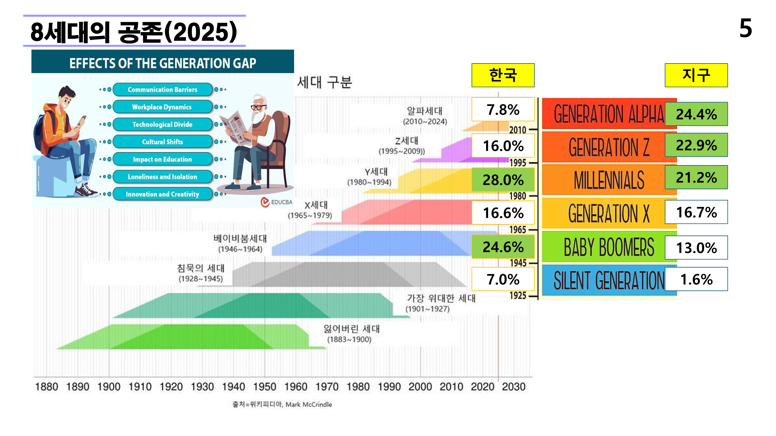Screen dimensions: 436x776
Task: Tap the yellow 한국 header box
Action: tap(503, 75)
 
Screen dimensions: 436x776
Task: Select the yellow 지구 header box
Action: tap(696, 75)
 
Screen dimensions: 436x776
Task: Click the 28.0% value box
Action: tap(503, 180)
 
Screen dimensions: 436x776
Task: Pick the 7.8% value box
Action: tap(503, 109)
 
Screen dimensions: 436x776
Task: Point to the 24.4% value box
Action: tap(696, 114)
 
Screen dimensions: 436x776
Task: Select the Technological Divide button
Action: tap(162, 124)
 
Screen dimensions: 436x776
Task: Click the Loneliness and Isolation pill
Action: tap(162, 177)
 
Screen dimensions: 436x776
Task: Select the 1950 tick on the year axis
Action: tap(264, 387)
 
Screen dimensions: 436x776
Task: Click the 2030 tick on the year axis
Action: tap(513, 387)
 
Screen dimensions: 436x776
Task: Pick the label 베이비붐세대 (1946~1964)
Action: tap(240, 243)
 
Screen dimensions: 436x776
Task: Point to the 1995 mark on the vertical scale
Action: tap(518, 163)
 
